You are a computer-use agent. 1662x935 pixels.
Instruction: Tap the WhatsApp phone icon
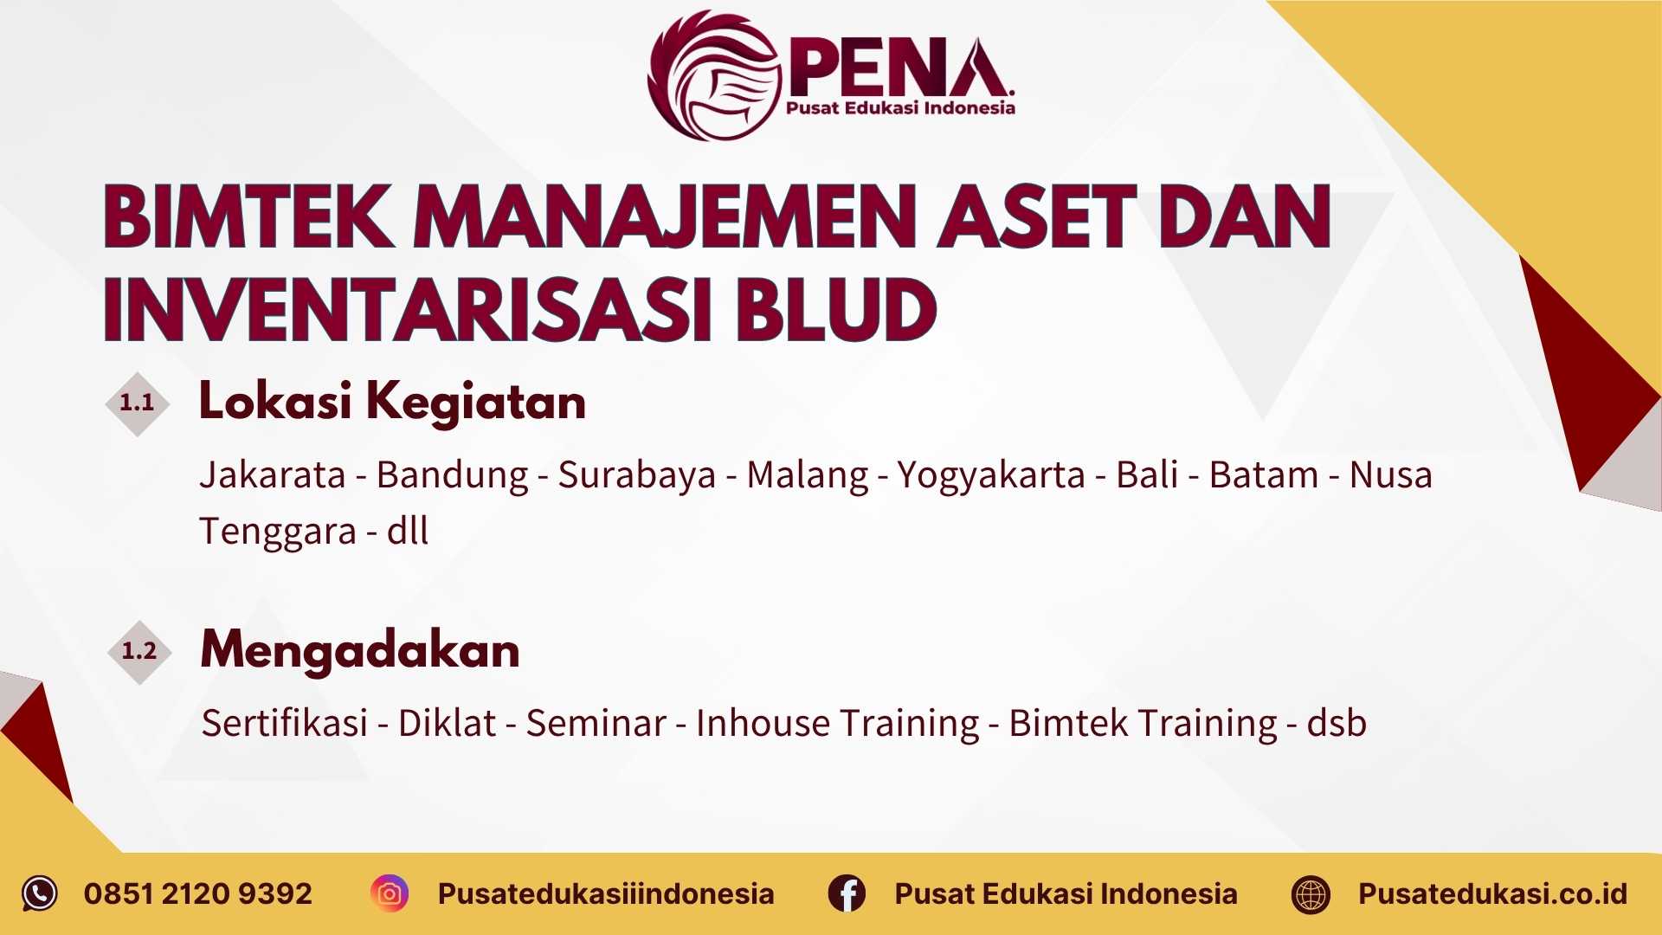pos(40,893)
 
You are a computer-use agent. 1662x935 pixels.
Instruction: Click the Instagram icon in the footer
pos(390,893)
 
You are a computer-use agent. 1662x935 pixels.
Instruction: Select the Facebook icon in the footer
pos(847,893)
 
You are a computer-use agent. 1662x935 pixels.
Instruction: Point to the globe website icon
pos(1311,894)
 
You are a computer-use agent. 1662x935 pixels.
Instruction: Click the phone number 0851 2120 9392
pos(198,893)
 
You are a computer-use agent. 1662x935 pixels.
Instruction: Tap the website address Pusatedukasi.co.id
pos(1492,893)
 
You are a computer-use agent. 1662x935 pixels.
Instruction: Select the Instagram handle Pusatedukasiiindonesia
pos(606,893)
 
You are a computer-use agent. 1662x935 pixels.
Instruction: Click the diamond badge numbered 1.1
pos(137,403)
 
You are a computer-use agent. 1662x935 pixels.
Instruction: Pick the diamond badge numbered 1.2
pos(139,651)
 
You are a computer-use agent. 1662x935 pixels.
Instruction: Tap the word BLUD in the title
pos(837,310)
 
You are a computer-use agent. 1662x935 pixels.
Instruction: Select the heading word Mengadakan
pos(360,651)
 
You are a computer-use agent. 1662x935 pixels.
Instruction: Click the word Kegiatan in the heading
pos(476,403)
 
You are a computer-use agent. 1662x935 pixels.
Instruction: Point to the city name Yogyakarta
pos(990,475)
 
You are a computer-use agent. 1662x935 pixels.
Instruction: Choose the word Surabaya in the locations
pos(637,475)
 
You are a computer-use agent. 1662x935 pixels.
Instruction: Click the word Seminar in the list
pos(596,723)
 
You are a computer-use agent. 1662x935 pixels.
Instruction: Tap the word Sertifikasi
pos(285,723)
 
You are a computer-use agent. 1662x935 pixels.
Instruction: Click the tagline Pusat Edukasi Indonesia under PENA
pos(900,108)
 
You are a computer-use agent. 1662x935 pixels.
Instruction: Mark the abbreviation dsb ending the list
pos(1337,723)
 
